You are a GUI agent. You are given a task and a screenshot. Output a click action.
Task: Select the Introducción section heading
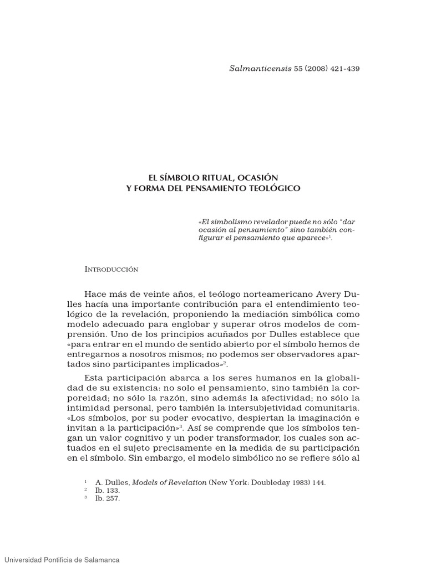111,269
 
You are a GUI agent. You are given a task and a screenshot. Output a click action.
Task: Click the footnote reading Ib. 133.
108,490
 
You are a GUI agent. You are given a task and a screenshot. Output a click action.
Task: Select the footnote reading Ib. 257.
108,498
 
